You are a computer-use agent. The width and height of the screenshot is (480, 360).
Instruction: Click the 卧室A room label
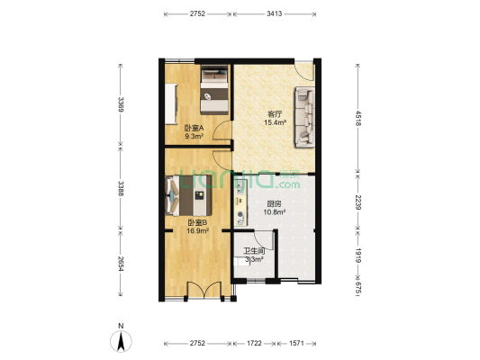click(194, 128)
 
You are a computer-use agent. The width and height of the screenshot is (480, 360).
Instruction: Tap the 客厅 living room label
click(276, 113)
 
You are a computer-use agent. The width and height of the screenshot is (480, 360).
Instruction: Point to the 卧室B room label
click(197, 222)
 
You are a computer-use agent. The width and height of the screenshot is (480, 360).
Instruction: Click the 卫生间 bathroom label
click(254, 251)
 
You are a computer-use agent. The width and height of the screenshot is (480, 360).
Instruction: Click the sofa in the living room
click(303, 116)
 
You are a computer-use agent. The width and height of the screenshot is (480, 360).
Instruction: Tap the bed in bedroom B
click(191, 194)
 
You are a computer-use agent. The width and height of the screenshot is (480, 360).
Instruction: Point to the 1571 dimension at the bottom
click(300, 344)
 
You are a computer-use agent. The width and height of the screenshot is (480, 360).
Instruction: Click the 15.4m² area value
click(276, 122)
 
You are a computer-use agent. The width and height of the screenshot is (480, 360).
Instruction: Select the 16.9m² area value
click(197, 230)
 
